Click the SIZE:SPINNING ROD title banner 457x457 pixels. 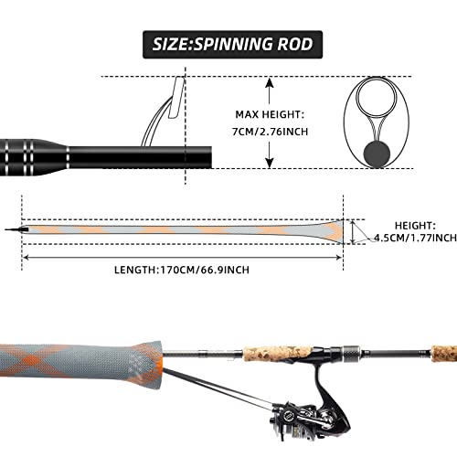(x=228, y=42)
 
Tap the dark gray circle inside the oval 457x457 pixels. (x=376, y=152)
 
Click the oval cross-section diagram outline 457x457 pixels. (x=376, y=124)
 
